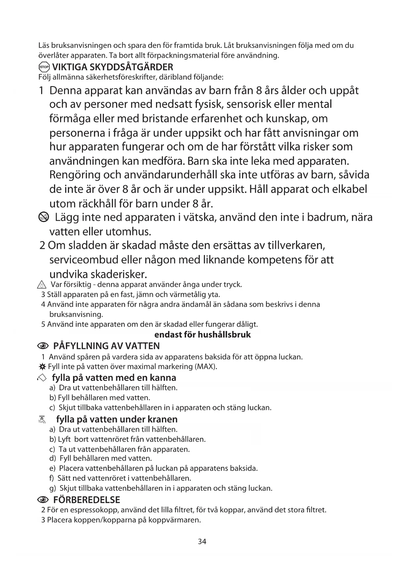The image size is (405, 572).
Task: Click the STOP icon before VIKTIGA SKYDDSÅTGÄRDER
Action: [44, 68]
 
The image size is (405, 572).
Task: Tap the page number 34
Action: [202, 542]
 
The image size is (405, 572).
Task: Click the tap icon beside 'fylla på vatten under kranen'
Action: [42, 419]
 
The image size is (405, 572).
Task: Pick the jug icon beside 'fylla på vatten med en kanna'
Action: [42, 378]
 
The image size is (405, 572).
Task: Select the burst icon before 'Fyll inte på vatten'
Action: [42, 367]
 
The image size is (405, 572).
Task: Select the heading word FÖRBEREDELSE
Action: [86, 500]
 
